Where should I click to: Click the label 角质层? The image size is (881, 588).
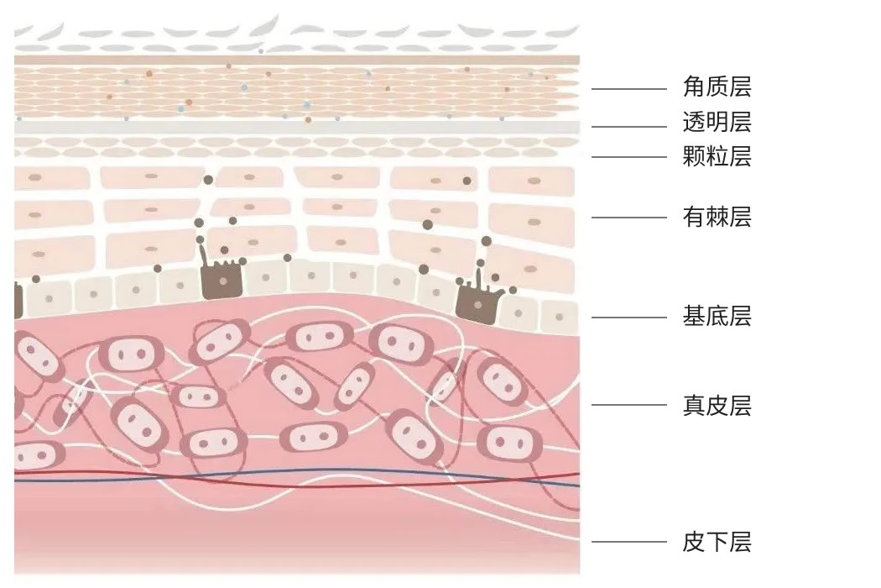point(717,87)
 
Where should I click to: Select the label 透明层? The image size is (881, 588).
point(717,123)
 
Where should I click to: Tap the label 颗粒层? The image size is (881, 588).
point(717,156)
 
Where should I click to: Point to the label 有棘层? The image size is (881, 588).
point(717,218)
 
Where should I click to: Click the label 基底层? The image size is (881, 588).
point(717,317)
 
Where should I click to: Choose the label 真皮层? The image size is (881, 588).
point(717,406)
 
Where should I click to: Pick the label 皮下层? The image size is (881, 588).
point(717,542)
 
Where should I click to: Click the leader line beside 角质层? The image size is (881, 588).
point(629,88)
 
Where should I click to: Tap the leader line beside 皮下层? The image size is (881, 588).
point(629,542)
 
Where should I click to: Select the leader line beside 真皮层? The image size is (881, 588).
point(629,405)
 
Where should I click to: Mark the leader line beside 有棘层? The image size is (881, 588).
point(629,218)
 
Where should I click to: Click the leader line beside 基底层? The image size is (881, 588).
point(629,318)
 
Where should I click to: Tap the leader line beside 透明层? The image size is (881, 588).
point(629,127)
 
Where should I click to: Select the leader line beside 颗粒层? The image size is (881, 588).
point(629,156)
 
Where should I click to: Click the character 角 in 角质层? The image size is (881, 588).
point(694,87)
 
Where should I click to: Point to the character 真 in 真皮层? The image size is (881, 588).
point(694,406)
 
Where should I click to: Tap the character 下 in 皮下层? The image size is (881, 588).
point(717,542)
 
